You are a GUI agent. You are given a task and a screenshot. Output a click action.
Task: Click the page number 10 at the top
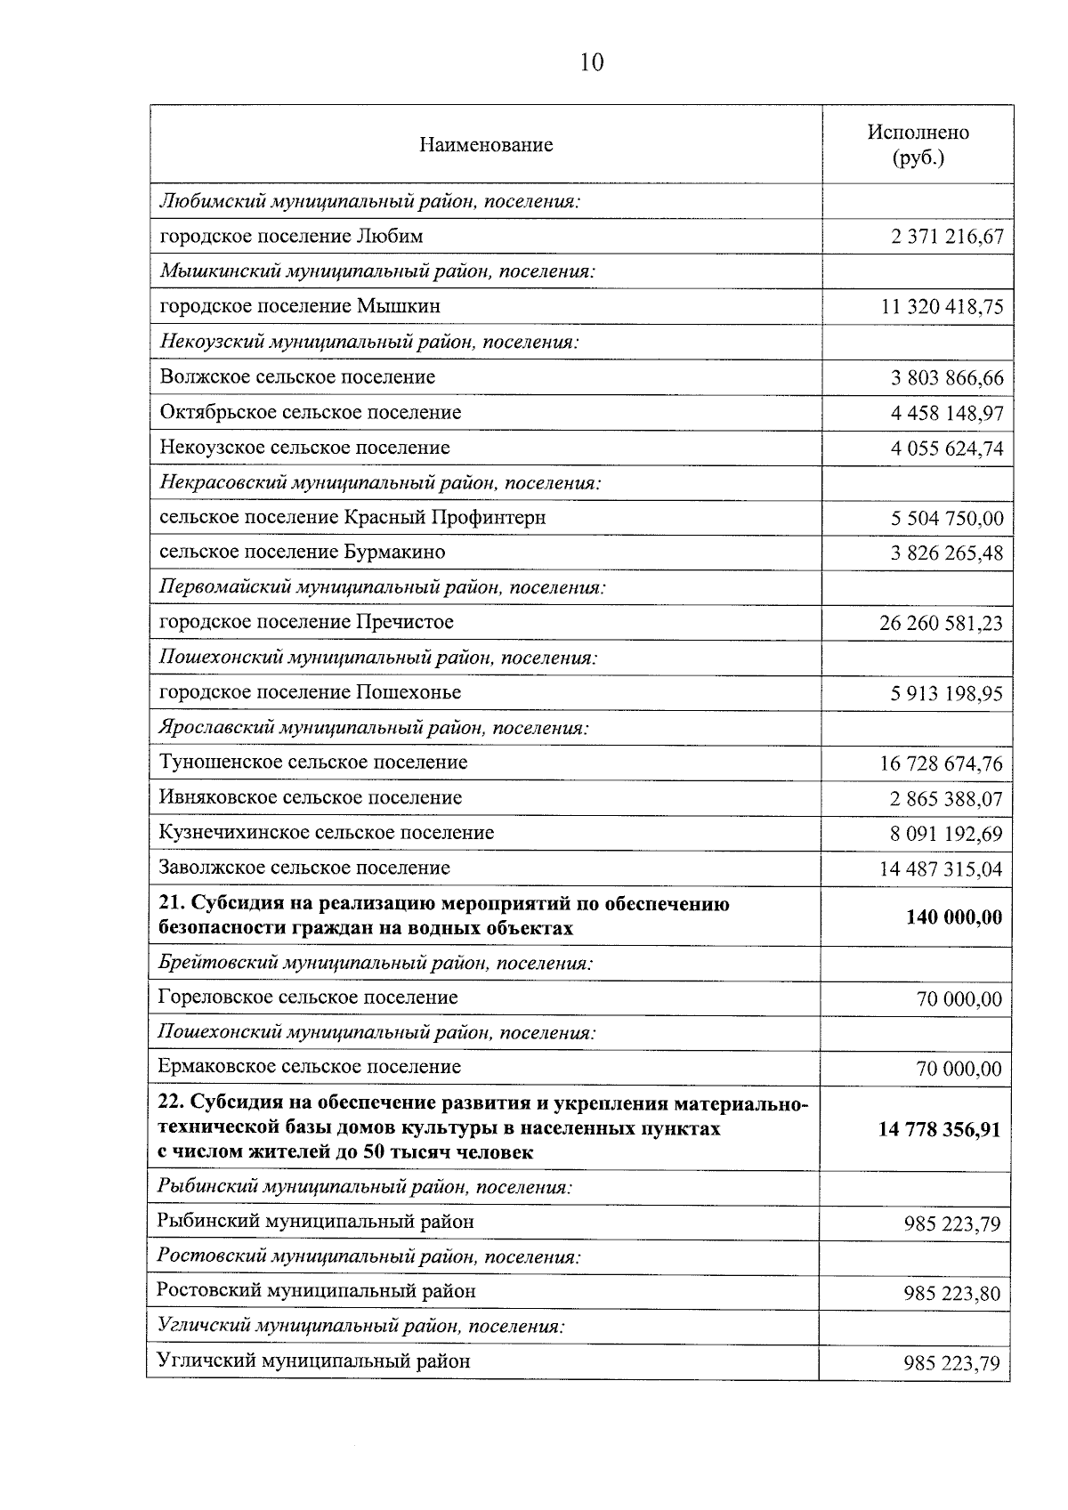(x=591, y=62)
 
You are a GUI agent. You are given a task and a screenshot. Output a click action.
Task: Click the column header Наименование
(x=486, y=145)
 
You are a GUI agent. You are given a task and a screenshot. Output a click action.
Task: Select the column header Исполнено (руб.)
(x=918, y=145)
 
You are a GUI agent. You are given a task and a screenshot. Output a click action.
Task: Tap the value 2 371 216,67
(x=946, y=238)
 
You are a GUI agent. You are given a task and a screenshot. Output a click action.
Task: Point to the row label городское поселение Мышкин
(x=300, y=307)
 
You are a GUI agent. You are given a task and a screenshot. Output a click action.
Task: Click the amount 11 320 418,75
(x=942, y=308)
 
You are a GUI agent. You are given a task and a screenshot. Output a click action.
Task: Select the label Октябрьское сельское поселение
(x=311, y=413)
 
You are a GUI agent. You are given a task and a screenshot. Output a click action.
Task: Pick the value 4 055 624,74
(x=946, y=448)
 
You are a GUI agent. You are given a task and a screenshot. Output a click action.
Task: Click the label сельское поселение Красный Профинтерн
(x=352, y=518)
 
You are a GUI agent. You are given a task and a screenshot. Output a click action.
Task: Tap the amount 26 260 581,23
(x=941, y=624)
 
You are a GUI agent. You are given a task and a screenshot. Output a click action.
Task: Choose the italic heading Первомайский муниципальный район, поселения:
(x=382, y=588)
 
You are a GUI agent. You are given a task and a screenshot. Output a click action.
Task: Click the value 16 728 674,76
(x=941, y=764)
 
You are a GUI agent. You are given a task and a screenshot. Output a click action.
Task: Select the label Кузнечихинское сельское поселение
(x=326, y=834)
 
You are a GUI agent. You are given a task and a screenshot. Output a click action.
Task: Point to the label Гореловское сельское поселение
(x=308, y=997)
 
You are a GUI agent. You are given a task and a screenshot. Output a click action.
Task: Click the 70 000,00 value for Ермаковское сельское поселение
(x=959, y=1069)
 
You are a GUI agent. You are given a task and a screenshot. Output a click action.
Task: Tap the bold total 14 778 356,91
(x=939, y=1130)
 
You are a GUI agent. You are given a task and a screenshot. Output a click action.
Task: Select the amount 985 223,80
(x=951, y=1293)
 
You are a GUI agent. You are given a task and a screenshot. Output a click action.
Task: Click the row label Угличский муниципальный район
(x=313, y=1361)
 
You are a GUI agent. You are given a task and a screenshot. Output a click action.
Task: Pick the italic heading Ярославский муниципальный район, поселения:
(x=374, y=729)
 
